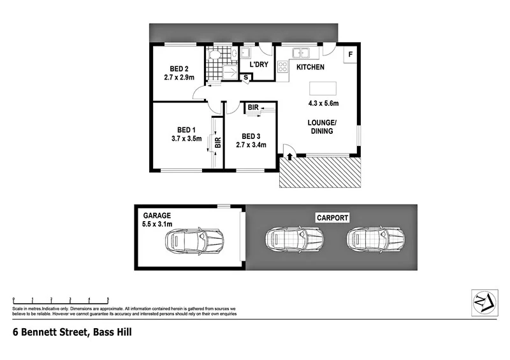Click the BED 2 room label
(x=178, y=69)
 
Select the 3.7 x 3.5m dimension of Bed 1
(x=186, y=138)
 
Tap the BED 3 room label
(x=250, y=136)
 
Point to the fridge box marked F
(x=350, y=55)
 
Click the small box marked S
(x=247, y=77)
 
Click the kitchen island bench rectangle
(x=323, y=88)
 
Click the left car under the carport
(x=295, y=239)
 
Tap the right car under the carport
(x=375, y=239)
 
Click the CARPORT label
(x=332, y=218)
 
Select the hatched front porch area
(x=319, y=173)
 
